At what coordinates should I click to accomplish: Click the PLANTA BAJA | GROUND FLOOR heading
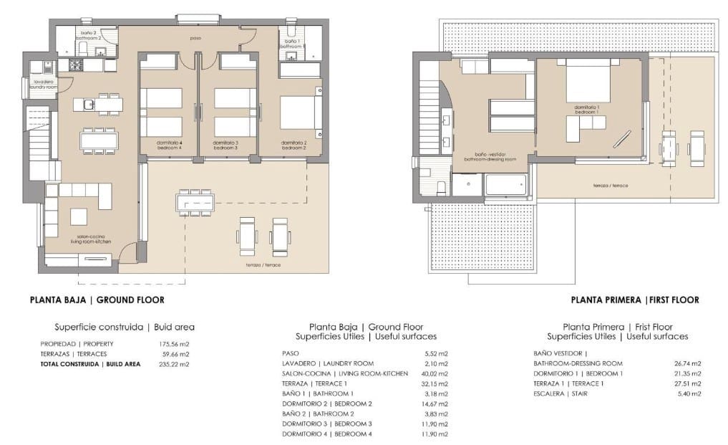97,300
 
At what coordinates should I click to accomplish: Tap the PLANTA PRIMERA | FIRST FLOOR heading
634,300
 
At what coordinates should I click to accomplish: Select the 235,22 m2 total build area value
173,364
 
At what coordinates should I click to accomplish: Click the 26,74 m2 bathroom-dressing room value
686,363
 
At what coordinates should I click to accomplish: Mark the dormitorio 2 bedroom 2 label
293,145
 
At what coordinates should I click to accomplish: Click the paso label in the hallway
194,38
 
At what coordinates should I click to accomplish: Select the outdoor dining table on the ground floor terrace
195,204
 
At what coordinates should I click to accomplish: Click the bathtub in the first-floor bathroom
506,184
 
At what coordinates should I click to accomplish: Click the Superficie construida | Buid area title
125,327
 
